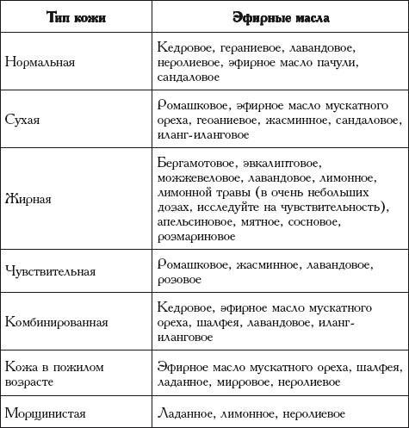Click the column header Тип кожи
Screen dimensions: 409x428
pos(75,17)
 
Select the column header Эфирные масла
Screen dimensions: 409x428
pos(276,17)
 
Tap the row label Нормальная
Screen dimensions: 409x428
pos(40,63)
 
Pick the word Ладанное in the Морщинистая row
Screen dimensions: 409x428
pos(187,411)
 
